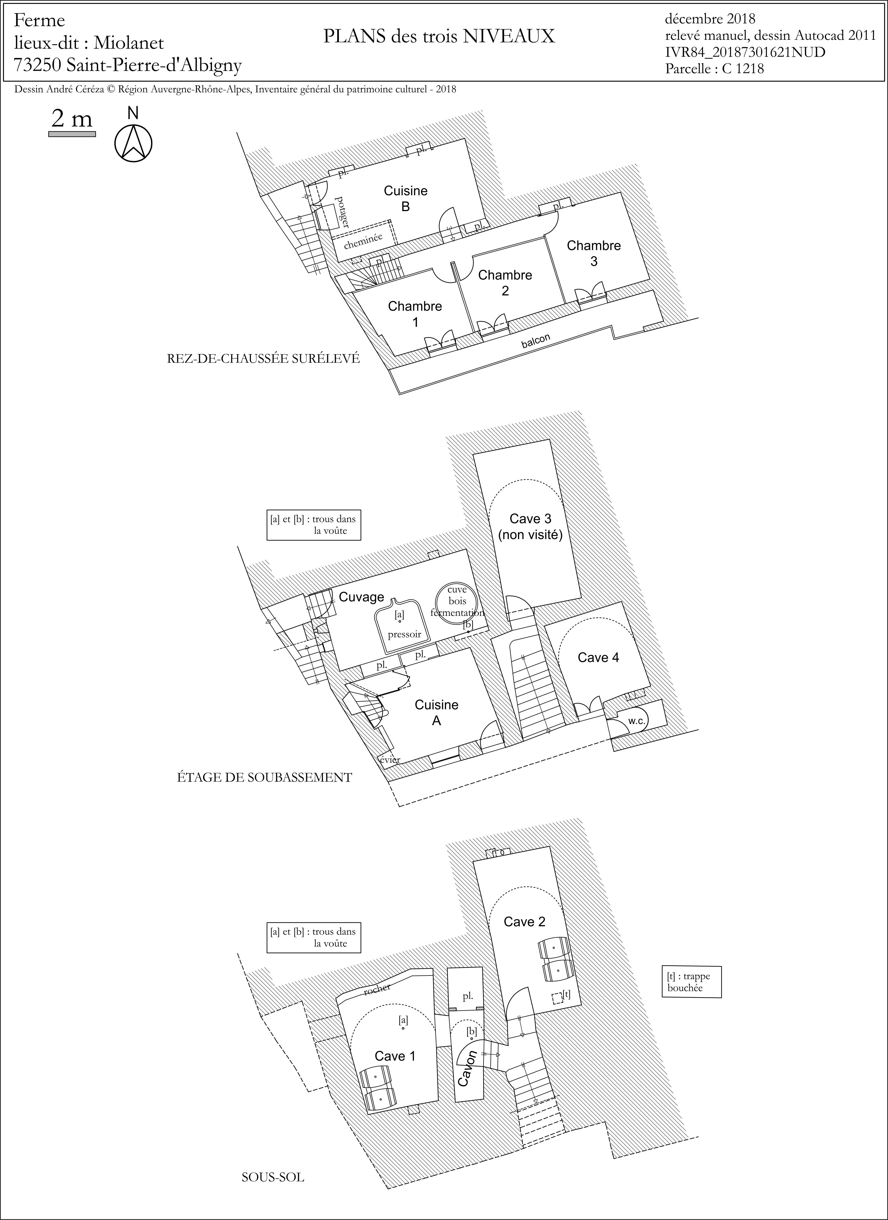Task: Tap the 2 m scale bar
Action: pyautogui.click(x=72, y=134)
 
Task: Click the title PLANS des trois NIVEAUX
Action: pyautogui.click(x=439, y=36)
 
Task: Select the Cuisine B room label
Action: pyautogui.click(x=406, y=199)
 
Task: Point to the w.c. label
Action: pyautogui.click(x=637, y=721)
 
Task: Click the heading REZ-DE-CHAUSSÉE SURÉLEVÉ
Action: pyautogui.click(x=263, y=359)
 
